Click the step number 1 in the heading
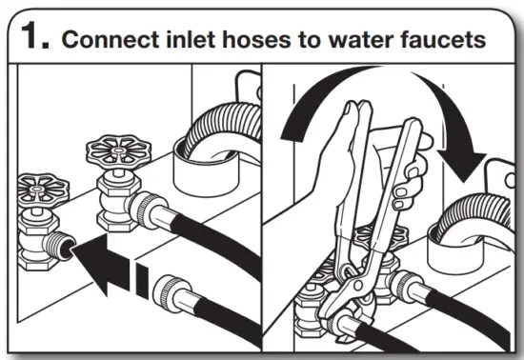click(34, 38)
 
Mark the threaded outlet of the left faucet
click(61, 247)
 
